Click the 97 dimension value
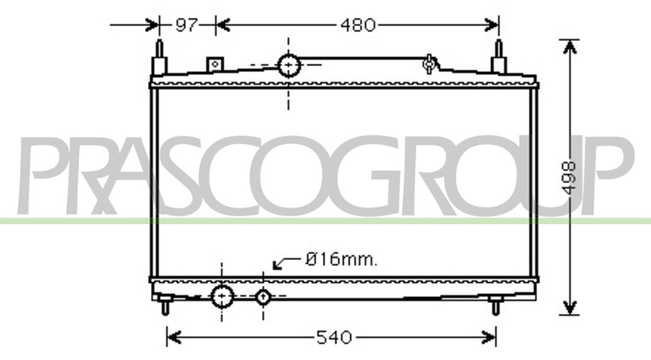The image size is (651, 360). pyautogui.click(x=186, y=25)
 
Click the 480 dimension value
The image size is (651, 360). pyautogui.click(x=357, y=25)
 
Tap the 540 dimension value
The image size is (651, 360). pyautogui.click(x=334, y=337)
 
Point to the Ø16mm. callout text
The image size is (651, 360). pyautogui.click(x=341, y=260)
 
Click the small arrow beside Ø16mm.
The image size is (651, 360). pyautogui.click(x=287, y=262)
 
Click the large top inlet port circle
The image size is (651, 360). pyautogui.click(x=289, y=66)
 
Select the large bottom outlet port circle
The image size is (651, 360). pyautogui.click(x=222, y=296)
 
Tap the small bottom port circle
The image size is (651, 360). pyautogui.click(x=263, y=296)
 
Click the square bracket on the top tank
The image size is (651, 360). pyautogui.click(x=215, y=64)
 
